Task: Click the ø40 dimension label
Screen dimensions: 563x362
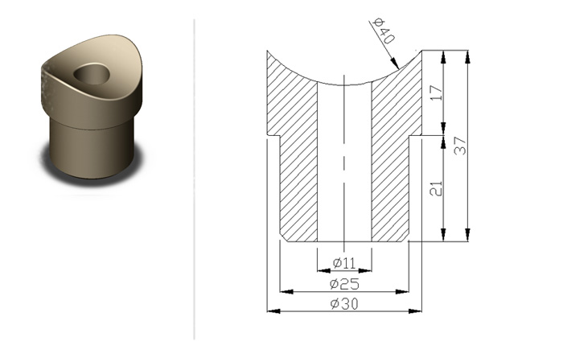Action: coord(384,31)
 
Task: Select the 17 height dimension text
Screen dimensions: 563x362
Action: coord(436,93)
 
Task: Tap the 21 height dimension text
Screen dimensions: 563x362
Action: coord(436,188)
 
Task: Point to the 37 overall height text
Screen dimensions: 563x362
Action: coord(460,146)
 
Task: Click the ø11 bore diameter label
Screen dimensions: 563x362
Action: coord(344,263)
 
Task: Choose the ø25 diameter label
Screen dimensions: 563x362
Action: coord(344,284)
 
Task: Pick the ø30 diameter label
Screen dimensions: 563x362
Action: coord(344,304)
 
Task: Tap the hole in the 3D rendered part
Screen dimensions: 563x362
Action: coord(92,74)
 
